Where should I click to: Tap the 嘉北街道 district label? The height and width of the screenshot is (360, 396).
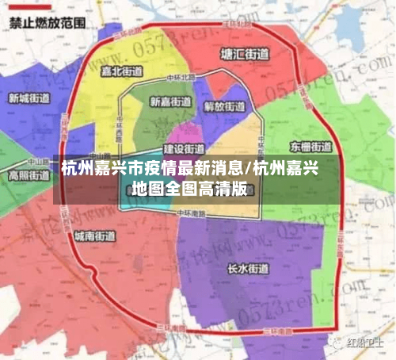click(x=124, y=71)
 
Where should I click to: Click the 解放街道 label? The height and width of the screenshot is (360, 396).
click(x=225, y=106)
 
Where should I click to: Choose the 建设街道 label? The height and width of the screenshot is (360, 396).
click(x=184, y=148)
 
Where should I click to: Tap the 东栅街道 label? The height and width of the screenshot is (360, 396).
click(x=311, y=147)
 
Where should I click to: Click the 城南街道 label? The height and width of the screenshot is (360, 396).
click(x=94, y=236)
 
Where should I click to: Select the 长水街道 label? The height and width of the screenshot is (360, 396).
click(x=247, y=268)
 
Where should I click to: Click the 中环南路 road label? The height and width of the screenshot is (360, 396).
click(x=191, y=213)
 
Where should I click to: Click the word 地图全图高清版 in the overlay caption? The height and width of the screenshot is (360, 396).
click(x=190, y=189)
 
